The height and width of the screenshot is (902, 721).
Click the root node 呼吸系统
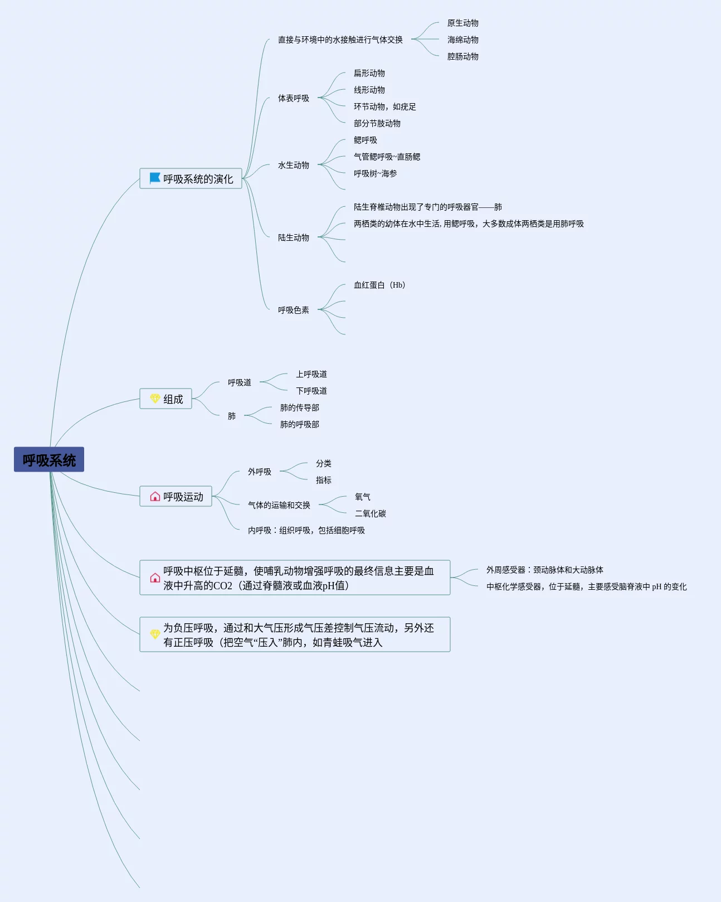pyautogui.click(x=49, y=460)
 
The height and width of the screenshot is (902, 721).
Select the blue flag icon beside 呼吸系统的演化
pyautogui.click(x=155, y=178)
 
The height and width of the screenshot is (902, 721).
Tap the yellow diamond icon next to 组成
pyautogui.click(x=155, y=399)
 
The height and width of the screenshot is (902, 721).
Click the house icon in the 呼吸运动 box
pyautogui.click(x=155, y=496)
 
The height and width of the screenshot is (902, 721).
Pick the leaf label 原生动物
pyautogui.click(x=462, y=23)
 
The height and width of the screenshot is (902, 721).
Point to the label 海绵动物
pyautogui.click(x=462, y=40)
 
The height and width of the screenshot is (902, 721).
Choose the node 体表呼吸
pyautogui.click(x=293, y=98)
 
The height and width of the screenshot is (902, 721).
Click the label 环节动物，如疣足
pyautogui.click(x=384, y=106)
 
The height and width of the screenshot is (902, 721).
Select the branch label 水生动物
pyautogui.click(x=293, y=165)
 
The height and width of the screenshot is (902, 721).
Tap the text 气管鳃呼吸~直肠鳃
pyautogui.click(x=387, y=157)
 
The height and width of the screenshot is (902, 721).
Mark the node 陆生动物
pyautogui.click(x=293, y=237)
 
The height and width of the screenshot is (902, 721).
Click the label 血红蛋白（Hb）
pyautogui.click(x=379, y=285)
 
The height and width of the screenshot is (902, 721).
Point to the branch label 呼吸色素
pyautogui.click(x=293, y=310)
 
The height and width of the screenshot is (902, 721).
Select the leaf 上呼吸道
pyautogui.click(x=311, y=374)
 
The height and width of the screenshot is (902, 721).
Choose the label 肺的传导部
pyautogui.click(x=299, y=408)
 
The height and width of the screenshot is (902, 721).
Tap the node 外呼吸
pyautogui.click(x=259, y=472)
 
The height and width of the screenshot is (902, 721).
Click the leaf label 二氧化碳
pyautogui.click(x=370, y=513)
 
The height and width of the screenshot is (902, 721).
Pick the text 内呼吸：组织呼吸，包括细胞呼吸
pyautogui.click(x=306, y=530)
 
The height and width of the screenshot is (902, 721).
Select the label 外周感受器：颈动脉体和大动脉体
pyautogui.click(x=544, y=570)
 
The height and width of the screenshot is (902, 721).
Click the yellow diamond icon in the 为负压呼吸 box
pyautogui.click(x=155, y=634)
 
